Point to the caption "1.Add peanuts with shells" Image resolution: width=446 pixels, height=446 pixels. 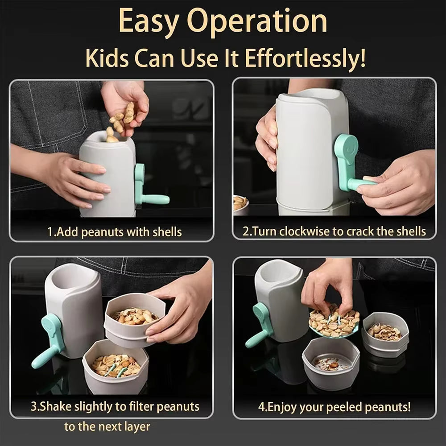[115, 232]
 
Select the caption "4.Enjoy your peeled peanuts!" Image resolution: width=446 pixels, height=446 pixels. [334, 407]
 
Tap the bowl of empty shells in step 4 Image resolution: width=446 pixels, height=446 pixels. [384, 332]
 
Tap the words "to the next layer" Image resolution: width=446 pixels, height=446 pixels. [107, 426]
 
